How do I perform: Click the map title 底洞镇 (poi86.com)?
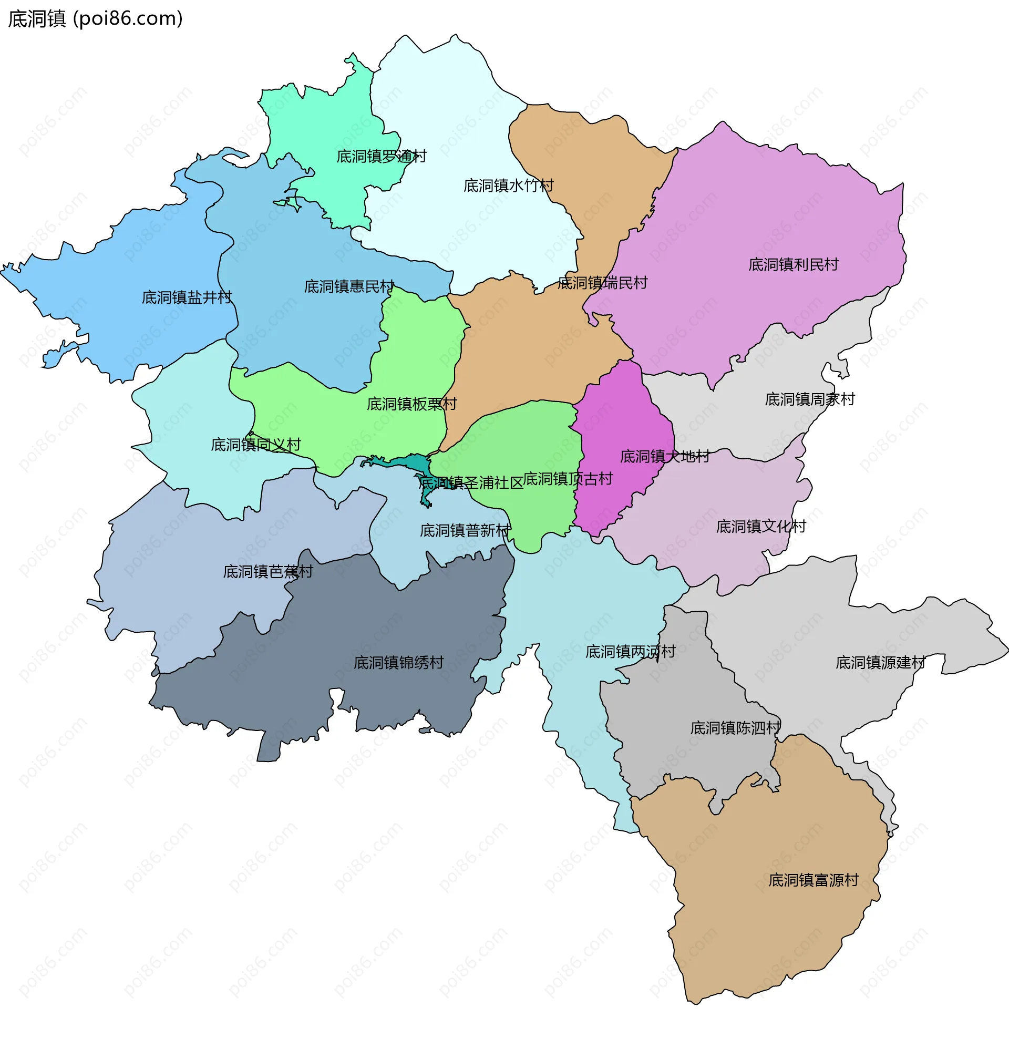(x=96, y=18)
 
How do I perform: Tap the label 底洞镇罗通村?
(x=381, y=157)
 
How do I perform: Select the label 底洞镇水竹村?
(x=508, y=186)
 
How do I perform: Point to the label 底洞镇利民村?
(x=792, y=264)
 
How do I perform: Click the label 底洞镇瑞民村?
(x=602, y=283)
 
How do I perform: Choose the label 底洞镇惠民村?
(x=349, y=287)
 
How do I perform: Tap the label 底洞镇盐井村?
(x=187, y=297)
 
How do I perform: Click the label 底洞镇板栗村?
(x=411, y=405)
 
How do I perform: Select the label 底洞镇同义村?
(x=255, y=445)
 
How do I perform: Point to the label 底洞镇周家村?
(x=809, y=399)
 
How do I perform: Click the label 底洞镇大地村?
(x=664, y=456)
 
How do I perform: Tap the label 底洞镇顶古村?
(x=568, y=479)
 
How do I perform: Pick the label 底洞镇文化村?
(x=760, y=527)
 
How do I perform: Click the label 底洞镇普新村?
(x=465, y=531)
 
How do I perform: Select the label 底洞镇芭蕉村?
(x=268, y=571)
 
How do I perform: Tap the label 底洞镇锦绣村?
(x=398, y=663)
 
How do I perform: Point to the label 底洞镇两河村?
(x=630, y=652)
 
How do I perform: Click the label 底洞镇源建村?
(x=880, y=663)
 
